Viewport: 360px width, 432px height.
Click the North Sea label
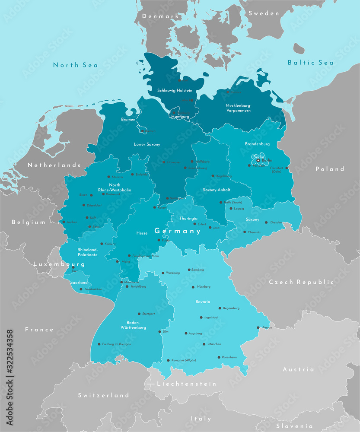[x=75, y=65]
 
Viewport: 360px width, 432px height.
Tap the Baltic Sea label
[x=311, y=63]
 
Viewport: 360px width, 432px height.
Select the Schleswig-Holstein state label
[x=175, y=90]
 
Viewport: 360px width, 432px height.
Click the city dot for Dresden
[x=266, y=222]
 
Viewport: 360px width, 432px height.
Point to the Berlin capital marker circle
[x=258, y=160]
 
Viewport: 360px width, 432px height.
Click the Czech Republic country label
[x=301, y=282]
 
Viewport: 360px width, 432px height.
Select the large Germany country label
[x=178, y=231]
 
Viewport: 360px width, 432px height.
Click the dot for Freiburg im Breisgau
[x=99, y=344]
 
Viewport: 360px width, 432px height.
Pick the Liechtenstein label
[x=186, y=384]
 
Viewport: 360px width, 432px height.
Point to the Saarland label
[x=80, y=283]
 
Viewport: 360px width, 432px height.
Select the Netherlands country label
[x=54, y=165]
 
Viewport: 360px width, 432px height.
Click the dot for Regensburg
[x=220, y=308]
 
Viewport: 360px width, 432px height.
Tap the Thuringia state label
[x=188, y=218]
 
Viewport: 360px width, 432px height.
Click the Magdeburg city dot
[x=212, y=176]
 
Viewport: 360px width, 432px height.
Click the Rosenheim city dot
[x=219, y=357]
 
